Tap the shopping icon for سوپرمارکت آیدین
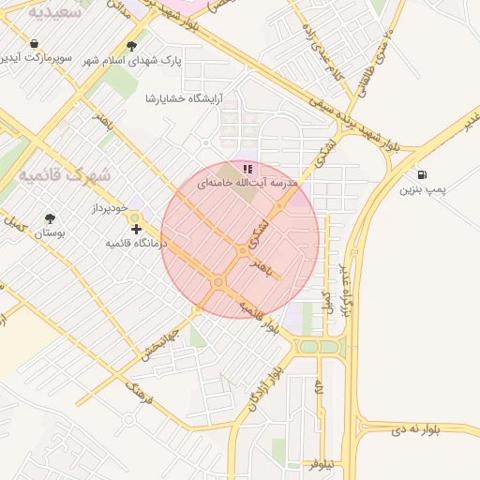pyautogui.click(x=35, y=44)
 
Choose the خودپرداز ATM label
pyautogui.click(x=111, y=206)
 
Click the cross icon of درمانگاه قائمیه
pyautogui.click(x=136, y=229)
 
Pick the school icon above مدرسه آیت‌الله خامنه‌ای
pyautogui.click(x=247, y=170)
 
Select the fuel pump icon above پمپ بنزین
pyautogui.click(x=421, y=175)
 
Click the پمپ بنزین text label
pyautogui.click(x=419, y=191)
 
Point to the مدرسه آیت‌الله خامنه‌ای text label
pyautogui.click(x=246, y=185)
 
